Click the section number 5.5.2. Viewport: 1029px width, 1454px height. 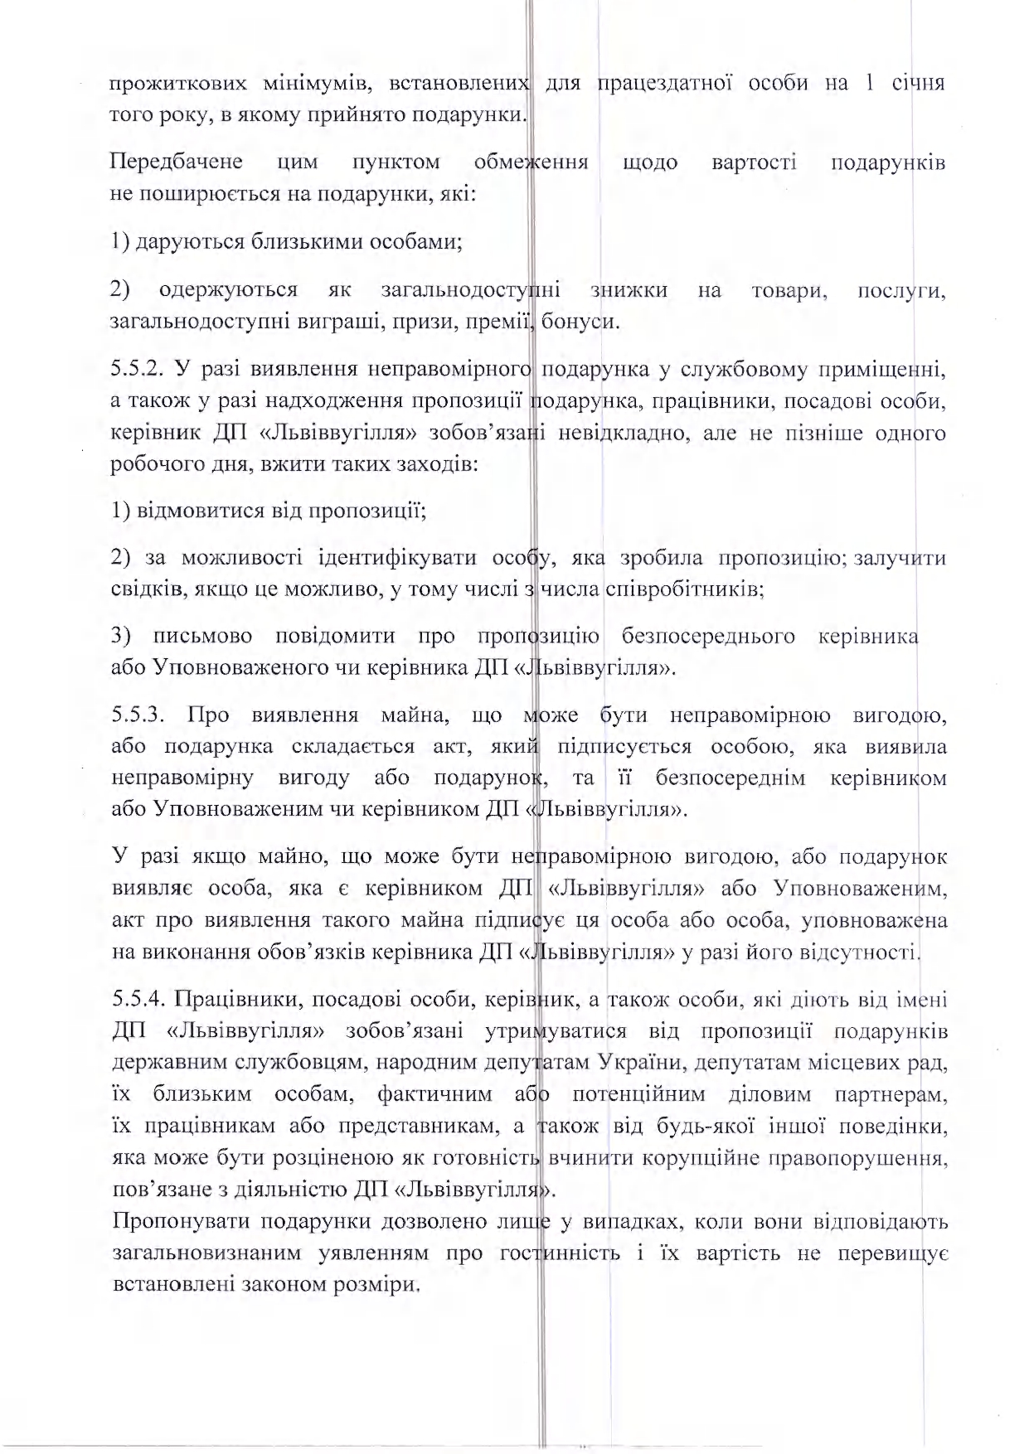(138, 370)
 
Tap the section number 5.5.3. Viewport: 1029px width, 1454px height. (139, 715)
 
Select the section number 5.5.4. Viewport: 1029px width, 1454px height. (138, 1000)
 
